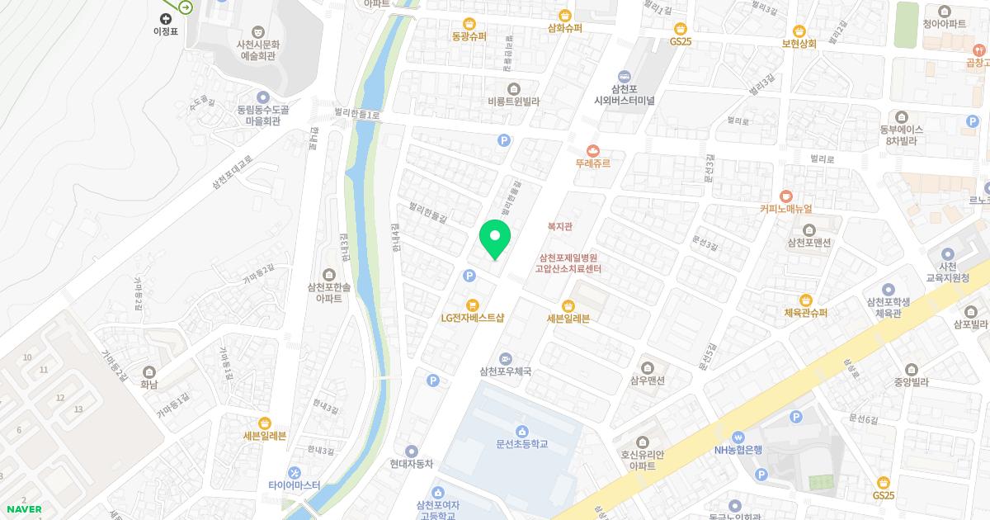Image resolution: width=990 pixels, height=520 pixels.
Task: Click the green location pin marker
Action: click(x=495, y=239)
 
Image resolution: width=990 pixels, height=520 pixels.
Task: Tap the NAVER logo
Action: click(x=24, y=509)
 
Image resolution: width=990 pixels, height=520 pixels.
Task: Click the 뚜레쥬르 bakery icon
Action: click(x=593, y=150)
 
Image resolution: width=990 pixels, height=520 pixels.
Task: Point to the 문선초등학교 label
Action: click(x=522, y=444)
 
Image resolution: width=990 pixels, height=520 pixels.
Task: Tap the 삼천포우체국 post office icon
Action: click(x=505, y=358)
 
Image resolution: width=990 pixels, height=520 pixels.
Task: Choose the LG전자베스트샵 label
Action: click(x=472, y=317)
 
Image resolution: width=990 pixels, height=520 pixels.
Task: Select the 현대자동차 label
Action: click(x=412, y=464)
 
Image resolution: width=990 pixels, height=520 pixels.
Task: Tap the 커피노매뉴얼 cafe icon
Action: click(x=786, y=196)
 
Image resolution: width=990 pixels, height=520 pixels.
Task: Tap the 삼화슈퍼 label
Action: click(x=565, y=27)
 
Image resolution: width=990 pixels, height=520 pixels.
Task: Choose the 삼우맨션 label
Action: click(x=648, y=381)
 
